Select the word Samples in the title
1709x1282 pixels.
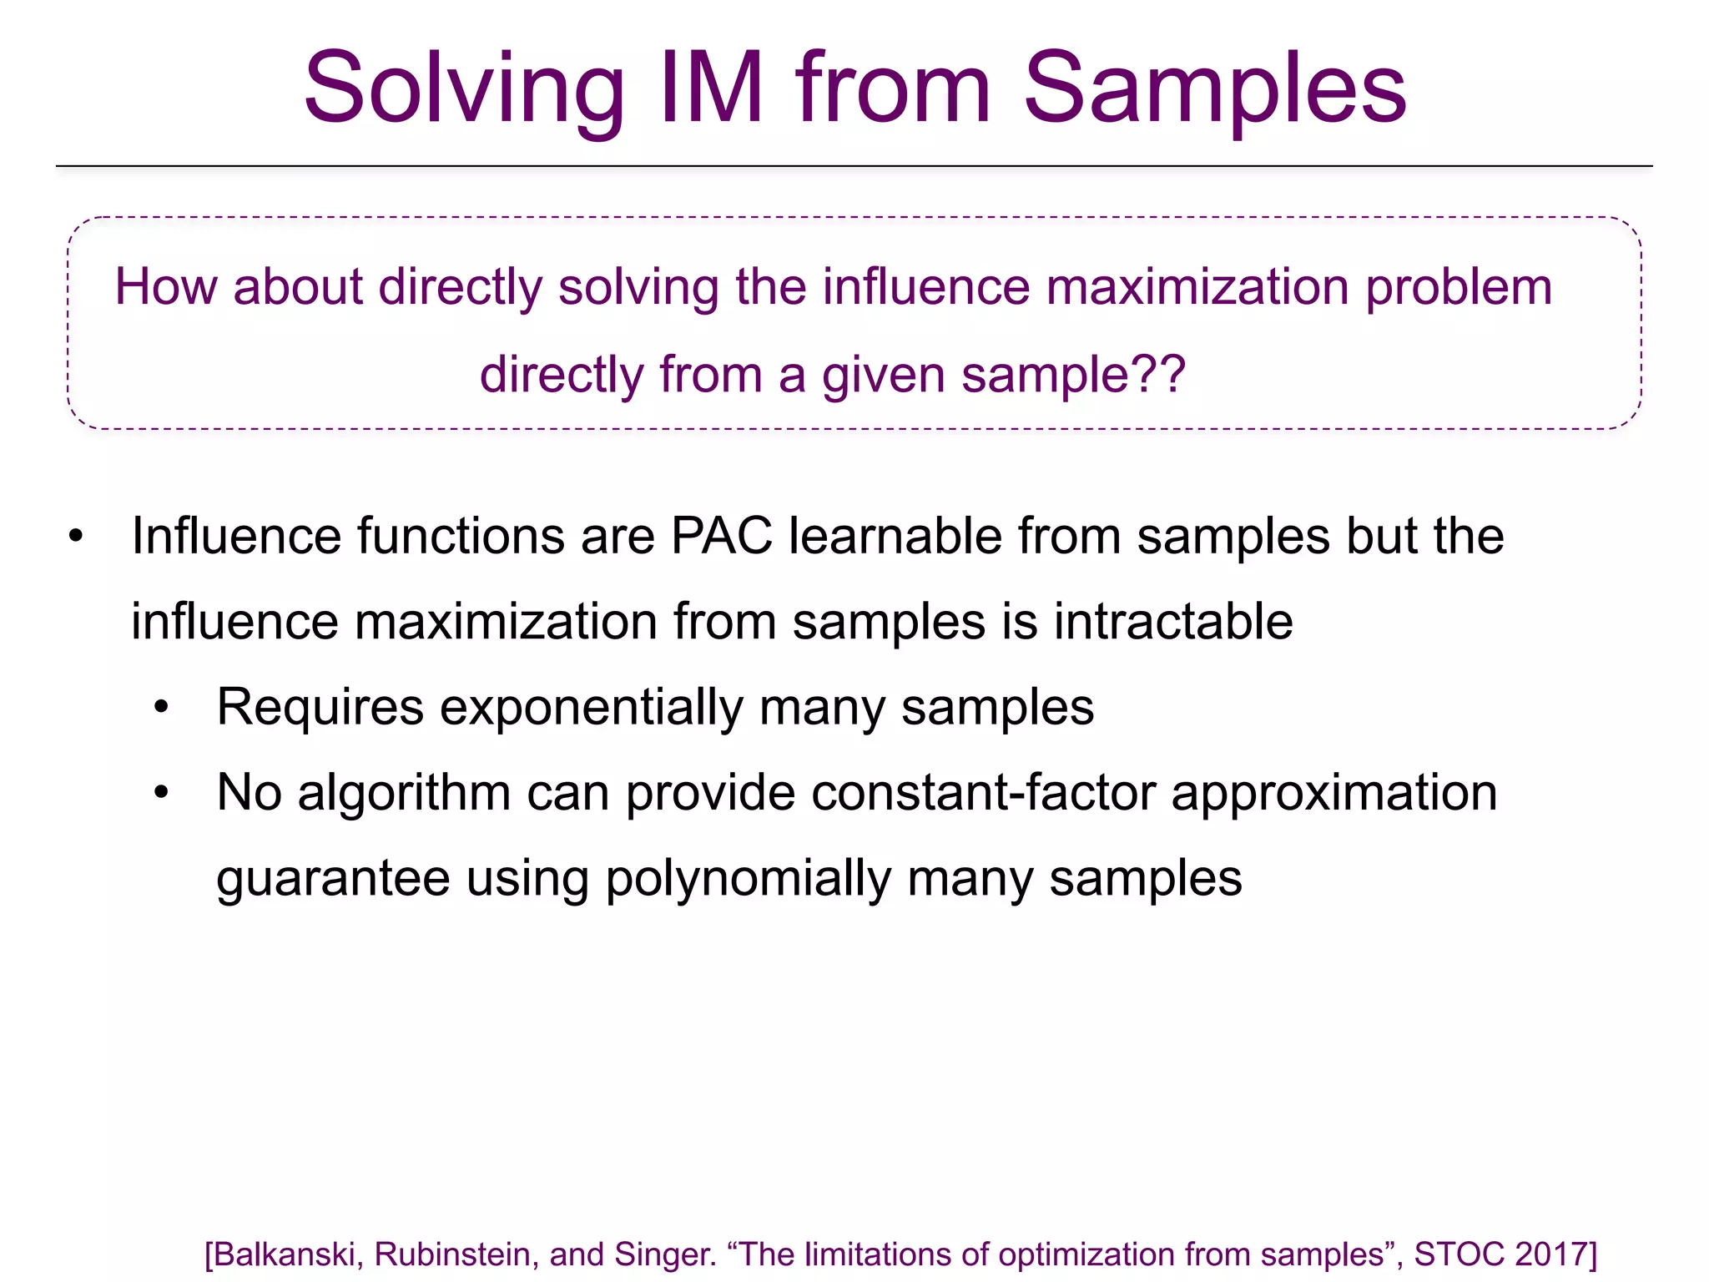pyautogui.click(x=1215, y=88)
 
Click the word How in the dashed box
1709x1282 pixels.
pyautogui.click(x=165, y=287)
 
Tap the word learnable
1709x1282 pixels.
pyautogui.click(x=895, y=536)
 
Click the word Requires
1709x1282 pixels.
pyautogui.click(x=320, y=708)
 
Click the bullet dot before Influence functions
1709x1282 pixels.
pyautogui.click(x=77, y=537)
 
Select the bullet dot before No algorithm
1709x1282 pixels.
pyautogui.click(x=162, y=794)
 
